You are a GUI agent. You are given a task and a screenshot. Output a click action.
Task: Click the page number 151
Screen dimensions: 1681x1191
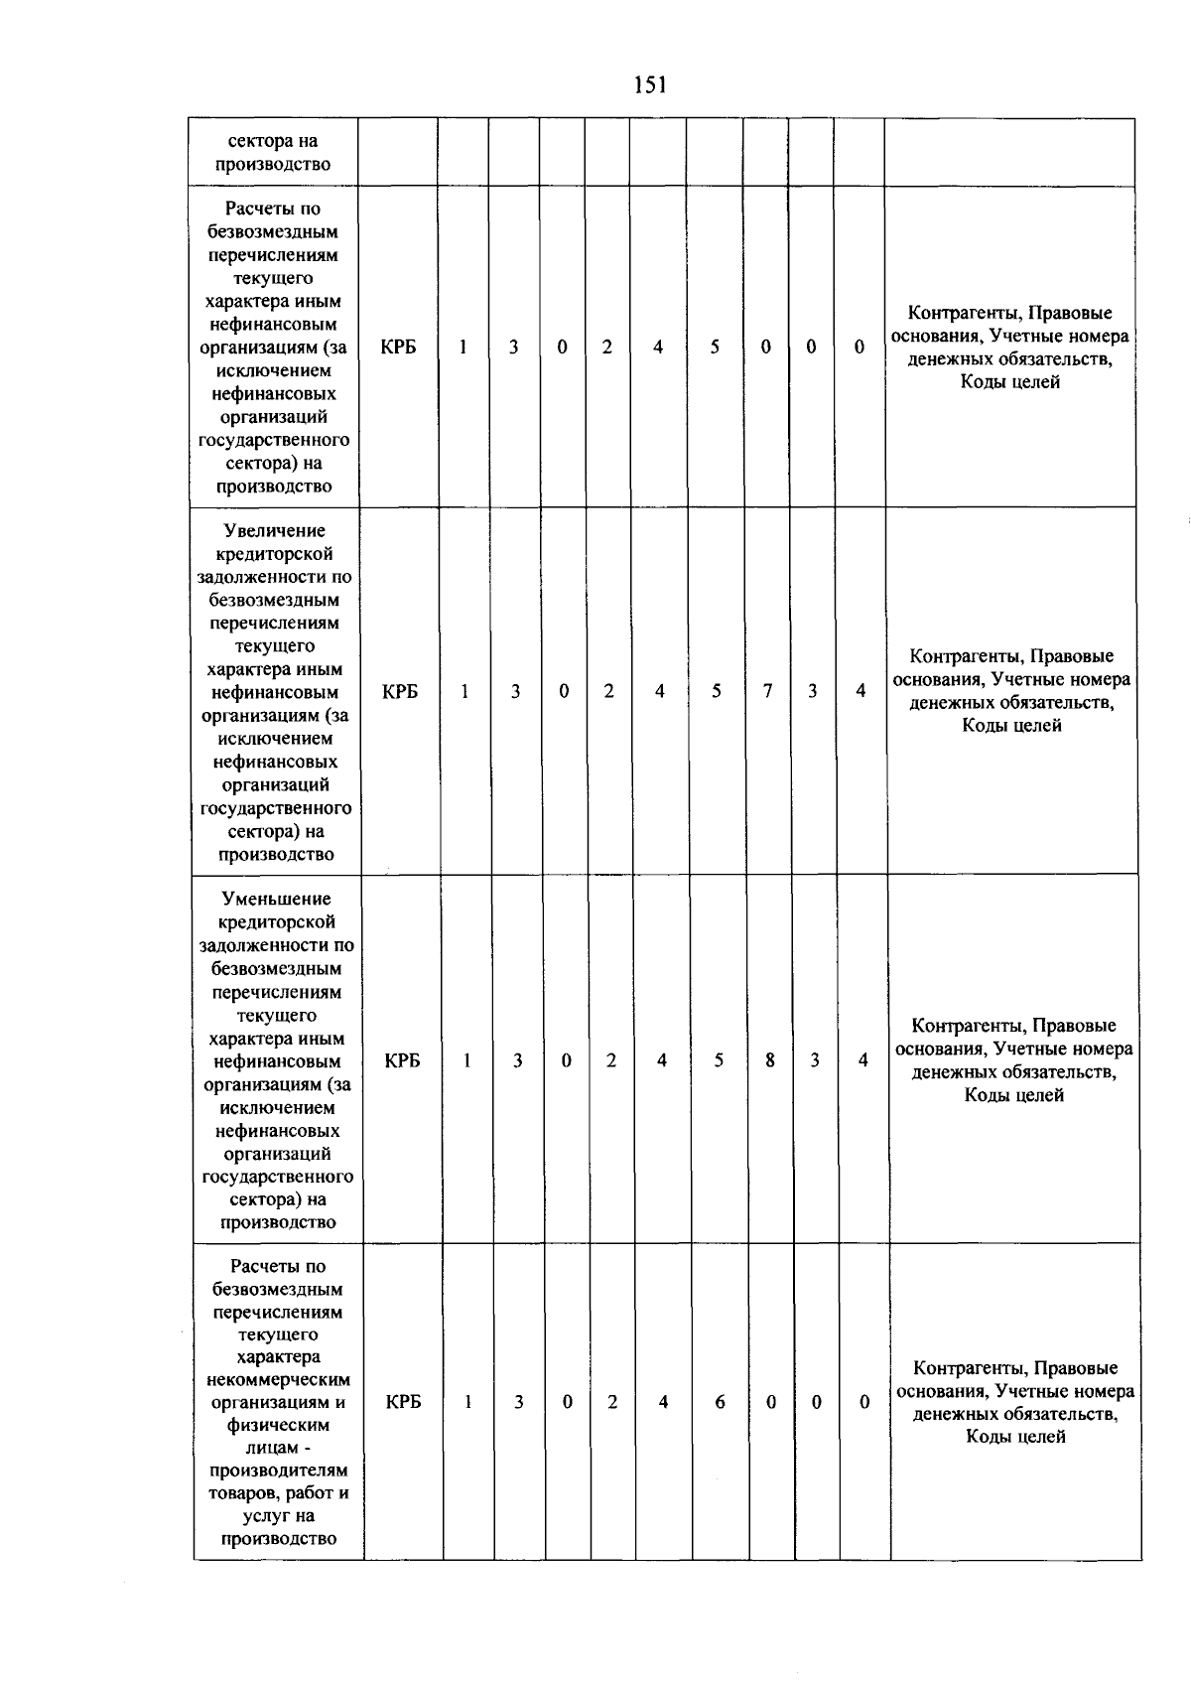coord(650,85)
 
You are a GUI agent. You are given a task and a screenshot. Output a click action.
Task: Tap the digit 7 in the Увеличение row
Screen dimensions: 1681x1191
coord(767,691)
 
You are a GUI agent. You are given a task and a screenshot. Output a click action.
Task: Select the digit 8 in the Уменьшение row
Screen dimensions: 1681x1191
coord(770,1060)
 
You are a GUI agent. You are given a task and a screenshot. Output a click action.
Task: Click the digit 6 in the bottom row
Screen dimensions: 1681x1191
coord(720,1402)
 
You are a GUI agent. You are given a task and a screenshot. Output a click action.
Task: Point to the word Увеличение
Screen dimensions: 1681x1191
coord(275,531)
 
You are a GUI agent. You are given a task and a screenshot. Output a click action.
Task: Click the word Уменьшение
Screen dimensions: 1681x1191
coord(277,900)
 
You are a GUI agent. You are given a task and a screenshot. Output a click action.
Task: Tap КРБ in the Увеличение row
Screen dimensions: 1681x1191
coord(400,692)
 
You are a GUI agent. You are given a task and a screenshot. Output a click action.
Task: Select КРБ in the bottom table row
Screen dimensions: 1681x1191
coord(403,1402)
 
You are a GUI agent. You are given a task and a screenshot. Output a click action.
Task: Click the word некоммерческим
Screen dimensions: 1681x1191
coord(279,1380)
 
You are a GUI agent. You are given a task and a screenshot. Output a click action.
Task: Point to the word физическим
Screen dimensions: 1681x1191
coord(279,1426)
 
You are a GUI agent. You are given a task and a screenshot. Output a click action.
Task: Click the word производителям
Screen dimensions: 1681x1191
coord(279,1471)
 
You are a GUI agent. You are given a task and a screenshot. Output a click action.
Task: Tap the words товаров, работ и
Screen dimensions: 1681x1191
coord(279,1493)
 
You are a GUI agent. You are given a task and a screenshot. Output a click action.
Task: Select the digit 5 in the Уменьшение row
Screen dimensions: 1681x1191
coord(719,1060)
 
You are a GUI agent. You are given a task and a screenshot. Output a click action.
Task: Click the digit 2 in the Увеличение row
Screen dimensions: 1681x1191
coord(608,691)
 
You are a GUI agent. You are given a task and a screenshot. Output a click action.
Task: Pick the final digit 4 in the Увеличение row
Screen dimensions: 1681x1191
coord(861,691)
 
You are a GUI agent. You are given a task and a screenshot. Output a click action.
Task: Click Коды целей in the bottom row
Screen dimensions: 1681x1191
coord(1015,1437)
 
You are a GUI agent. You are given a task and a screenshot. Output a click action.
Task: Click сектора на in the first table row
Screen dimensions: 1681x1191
coord(273,142)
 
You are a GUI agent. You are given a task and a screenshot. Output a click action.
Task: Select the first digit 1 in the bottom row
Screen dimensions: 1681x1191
coord(467,1402)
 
